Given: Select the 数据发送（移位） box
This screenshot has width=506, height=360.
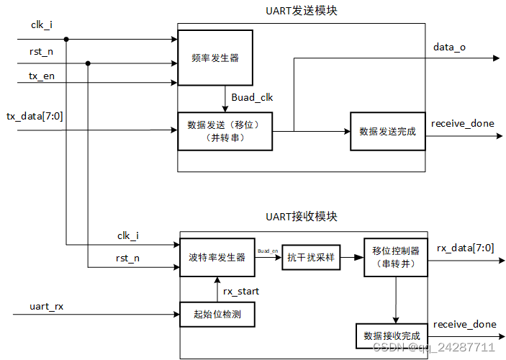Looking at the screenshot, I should (225, 130).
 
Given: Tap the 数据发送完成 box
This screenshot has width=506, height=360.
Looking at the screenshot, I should (387, 131).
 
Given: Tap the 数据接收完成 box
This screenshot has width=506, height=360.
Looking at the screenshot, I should (392, 336).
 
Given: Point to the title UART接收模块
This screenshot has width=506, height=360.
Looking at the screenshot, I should (301, 216).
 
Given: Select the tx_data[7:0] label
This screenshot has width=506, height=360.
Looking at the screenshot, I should (35, 117).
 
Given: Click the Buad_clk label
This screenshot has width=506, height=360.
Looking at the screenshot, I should (252, 97).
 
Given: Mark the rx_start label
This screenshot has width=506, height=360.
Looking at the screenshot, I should (243, 291).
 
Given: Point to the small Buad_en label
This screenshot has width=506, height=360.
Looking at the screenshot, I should (267, 251).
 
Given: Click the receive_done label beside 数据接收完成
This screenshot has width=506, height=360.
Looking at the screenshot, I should (464, 324).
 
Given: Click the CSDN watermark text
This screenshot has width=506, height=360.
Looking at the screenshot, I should (432, 347).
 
